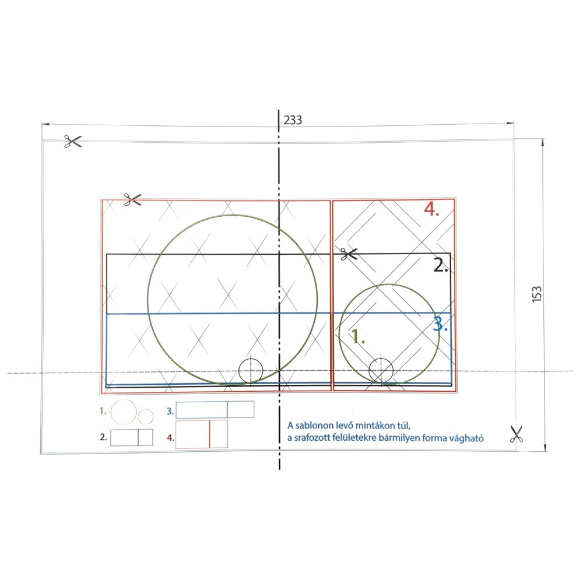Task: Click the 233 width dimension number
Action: click(x=293, y=120)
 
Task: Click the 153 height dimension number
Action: click(x=536, y=294)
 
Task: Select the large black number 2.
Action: click(x=441, y=265)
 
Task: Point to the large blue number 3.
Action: click(x=440, y=324)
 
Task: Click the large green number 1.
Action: click(x=358, y=336)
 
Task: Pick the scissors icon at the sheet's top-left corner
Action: click(x=72, y=141)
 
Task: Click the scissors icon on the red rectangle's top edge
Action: click(x=133, y=199)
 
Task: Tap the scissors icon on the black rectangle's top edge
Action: click(x=349, y=254)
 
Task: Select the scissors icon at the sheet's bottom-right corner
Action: click(x=516, y=434)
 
